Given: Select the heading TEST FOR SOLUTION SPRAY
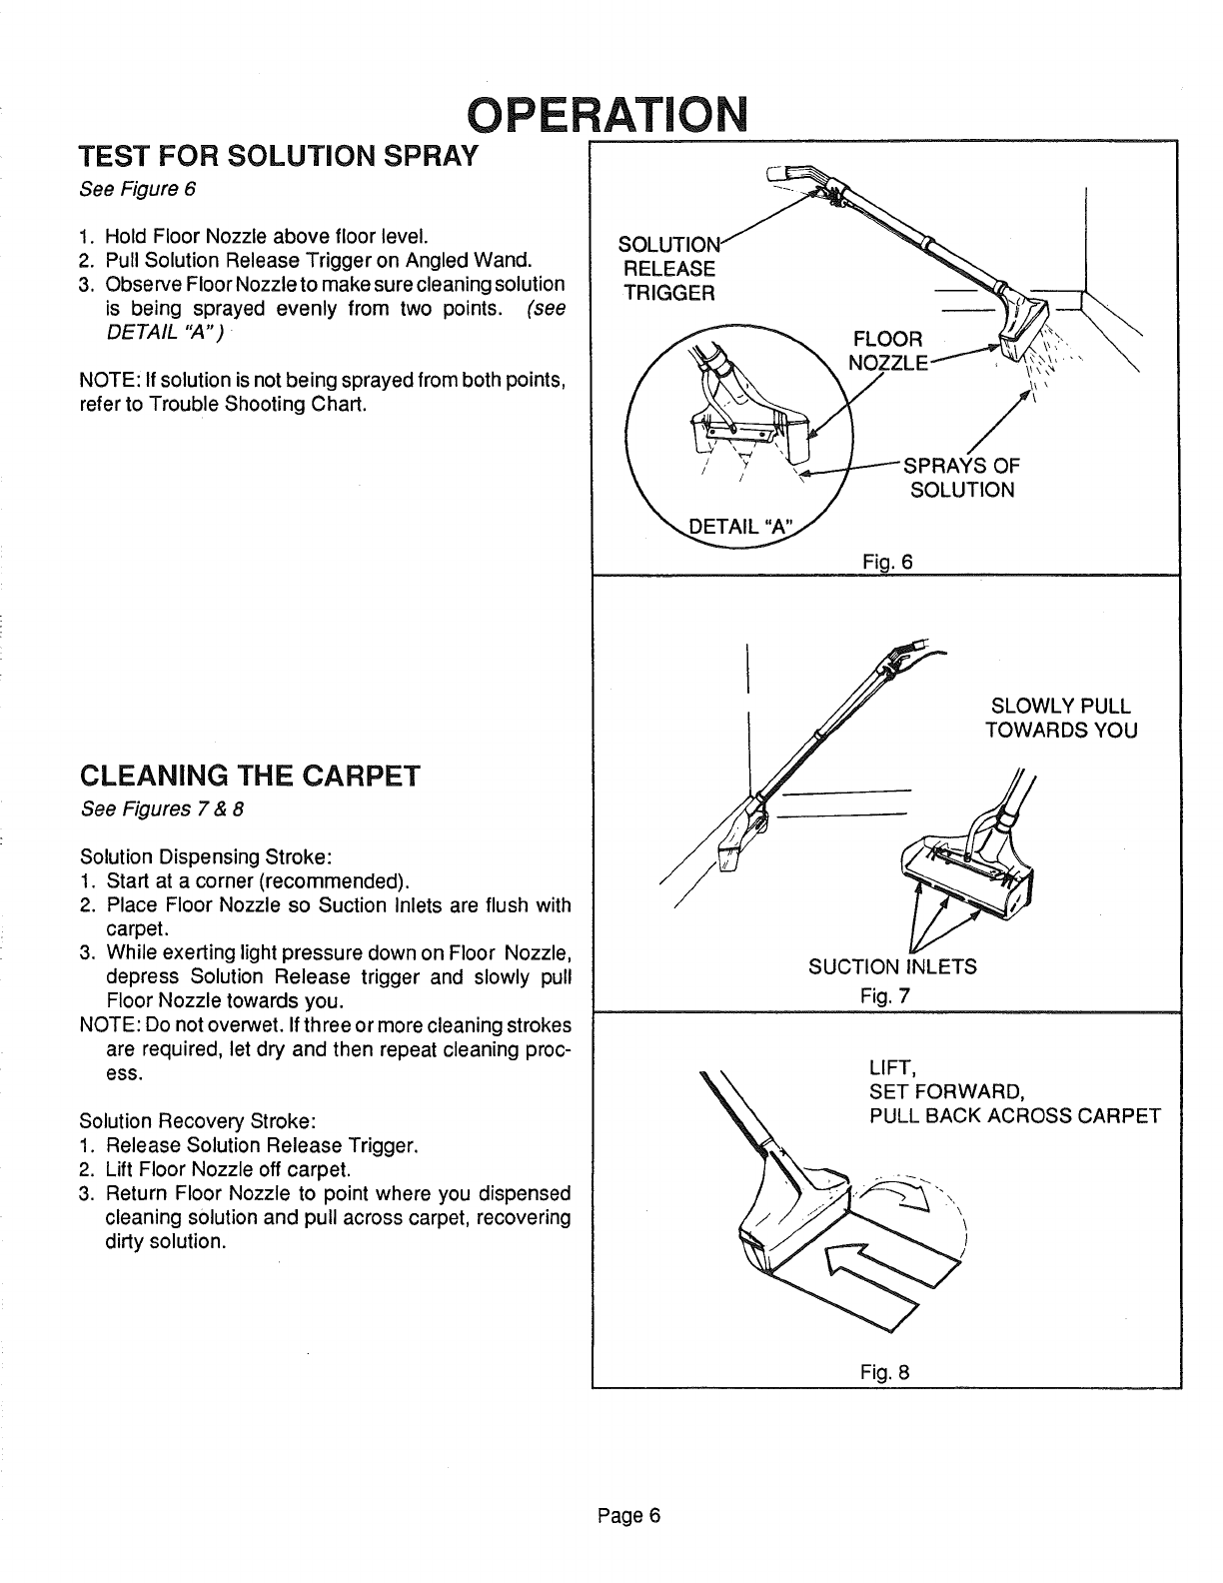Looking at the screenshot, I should pyautogui.click(x=281, y=157).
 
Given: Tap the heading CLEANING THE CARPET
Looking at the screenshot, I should pyautogui.click(x=250, y=776).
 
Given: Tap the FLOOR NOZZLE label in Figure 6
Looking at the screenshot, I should pyautogui.click(x=888, y=349).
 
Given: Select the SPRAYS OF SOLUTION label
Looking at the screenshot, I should pyautogui.click(x=961, y=478).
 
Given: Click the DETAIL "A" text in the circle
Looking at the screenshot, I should pyautogui.click(x=741, y=527).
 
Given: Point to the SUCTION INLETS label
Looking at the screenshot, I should pyautogui.click(x=892, y=966).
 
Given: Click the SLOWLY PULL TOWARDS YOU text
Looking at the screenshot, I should pyautogui.click(x=1061, y=718).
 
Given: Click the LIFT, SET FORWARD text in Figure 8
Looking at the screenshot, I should pyautogui.click(x=944, y=1078).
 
